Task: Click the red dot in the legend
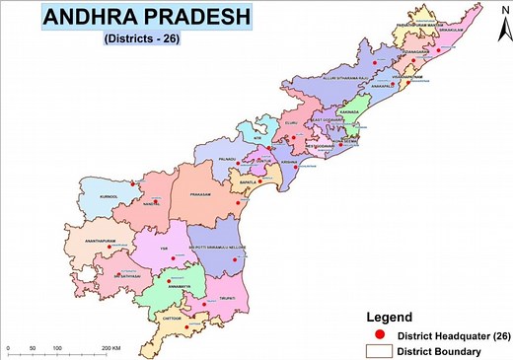point(379,334)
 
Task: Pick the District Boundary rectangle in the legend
point(379,350)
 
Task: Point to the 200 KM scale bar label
point(110,349)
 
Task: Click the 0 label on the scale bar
point(8,349)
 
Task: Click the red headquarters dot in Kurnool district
point(134,182)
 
